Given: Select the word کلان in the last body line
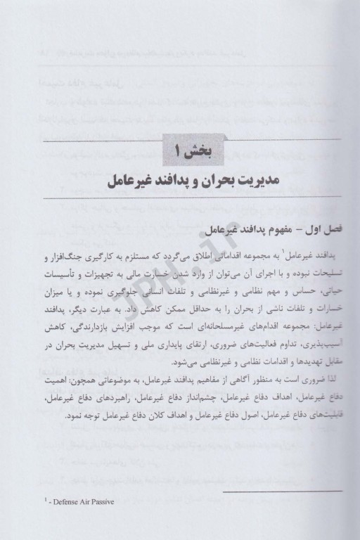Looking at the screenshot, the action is tap(143, 417).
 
